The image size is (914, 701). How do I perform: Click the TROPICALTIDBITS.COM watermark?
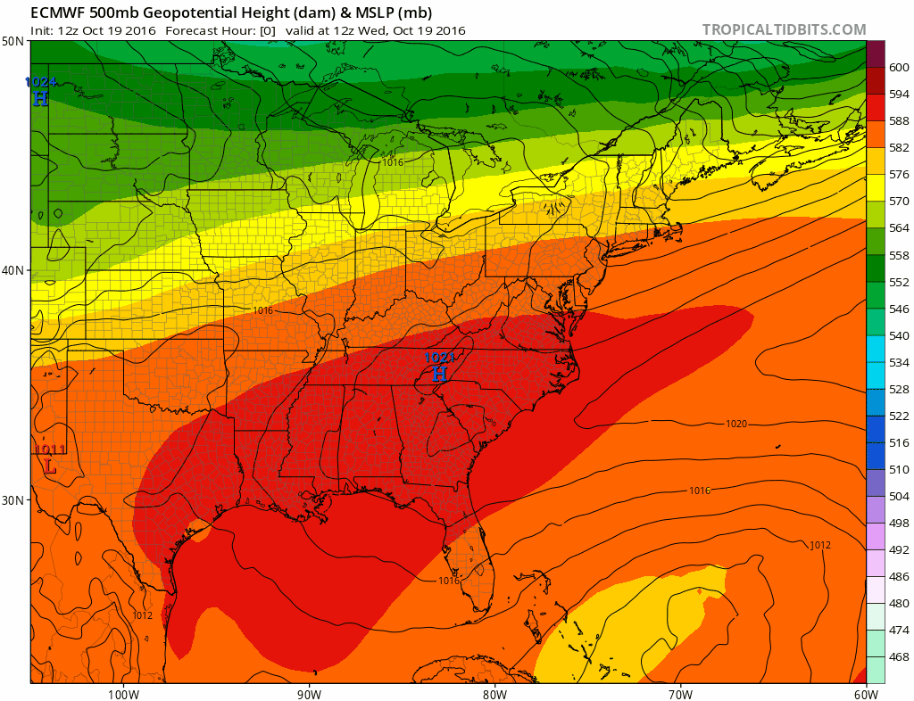784,29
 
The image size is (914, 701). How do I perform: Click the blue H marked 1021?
439,375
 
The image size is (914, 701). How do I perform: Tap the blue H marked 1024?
40,99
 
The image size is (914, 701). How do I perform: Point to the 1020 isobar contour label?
736,424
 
